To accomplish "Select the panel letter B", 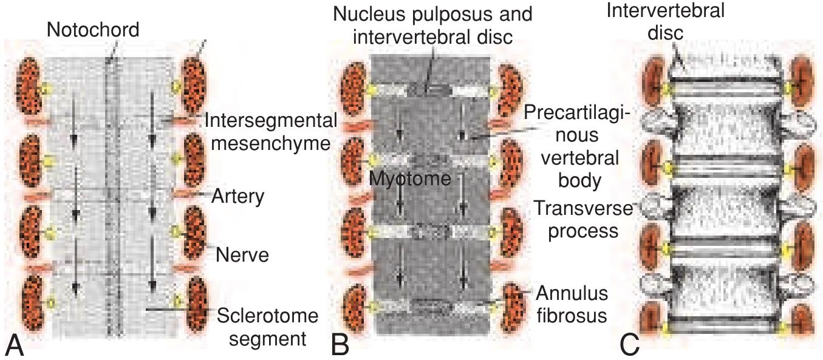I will [341, 346].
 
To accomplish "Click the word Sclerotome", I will [267, 316].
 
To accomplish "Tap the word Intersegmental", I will [270, 120].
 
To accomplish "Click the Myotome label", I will [411, 179].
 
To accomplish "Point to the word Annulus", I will [572, 293].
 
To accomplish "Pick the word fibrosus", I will [572, 316].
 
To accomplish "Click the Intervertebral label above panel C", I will [665, 10].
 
